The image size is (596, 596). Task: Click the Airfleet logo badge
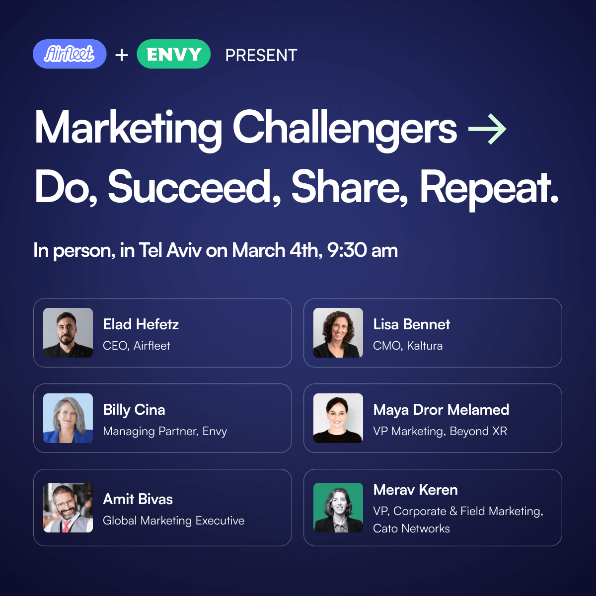point(70,54)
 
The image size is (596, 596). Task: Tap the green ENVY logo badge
point(173,54)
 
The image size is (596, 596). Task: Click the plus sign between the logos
point(122,55)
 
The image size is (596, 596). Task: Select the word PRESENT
point(261,55)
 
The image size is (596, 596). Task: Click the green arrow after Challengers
point(487,129)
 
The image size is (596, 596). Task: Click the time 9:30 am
point(363,250)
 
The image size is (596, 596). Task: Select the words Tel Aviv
point(170,250)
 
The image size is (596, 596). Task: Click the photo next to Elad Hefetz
point(68,332)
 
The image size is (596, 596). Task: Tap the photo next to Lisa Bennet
point(338,332)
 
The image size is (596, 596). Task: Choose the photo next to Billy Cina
point(68,418)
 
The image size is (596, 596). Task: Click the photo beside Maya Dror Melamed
point(338,418)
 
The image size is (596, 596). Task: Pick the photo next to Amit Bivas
point(68,508)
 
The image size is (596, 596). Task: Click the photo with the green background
point(338,508)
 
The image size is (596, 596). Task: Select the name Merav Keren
point(415,490)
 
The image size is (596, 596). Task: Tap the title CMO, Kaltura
point(408,346)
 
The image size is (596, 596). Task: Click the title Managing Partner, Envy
point(165,432)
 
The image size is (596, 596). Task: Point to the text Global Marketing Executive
point(173,521)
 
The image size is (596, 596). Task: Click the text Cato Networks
point(411,528)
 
